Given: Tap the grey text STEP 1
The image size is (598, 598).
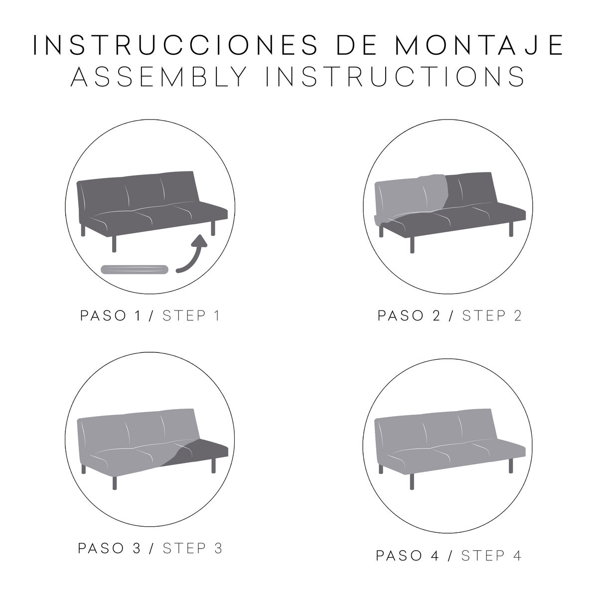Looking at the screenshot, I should point(191,316).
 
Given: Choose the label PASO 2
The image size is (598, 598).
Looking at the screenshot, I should point(409,316).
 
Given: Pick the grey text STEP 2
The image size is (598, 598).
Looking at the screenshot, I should point(492,316).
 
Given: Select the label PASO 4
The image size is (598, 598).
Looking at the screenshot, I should point(408,556).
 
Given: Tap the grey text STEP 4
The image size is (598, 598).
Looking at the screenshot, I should point(491,556).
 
